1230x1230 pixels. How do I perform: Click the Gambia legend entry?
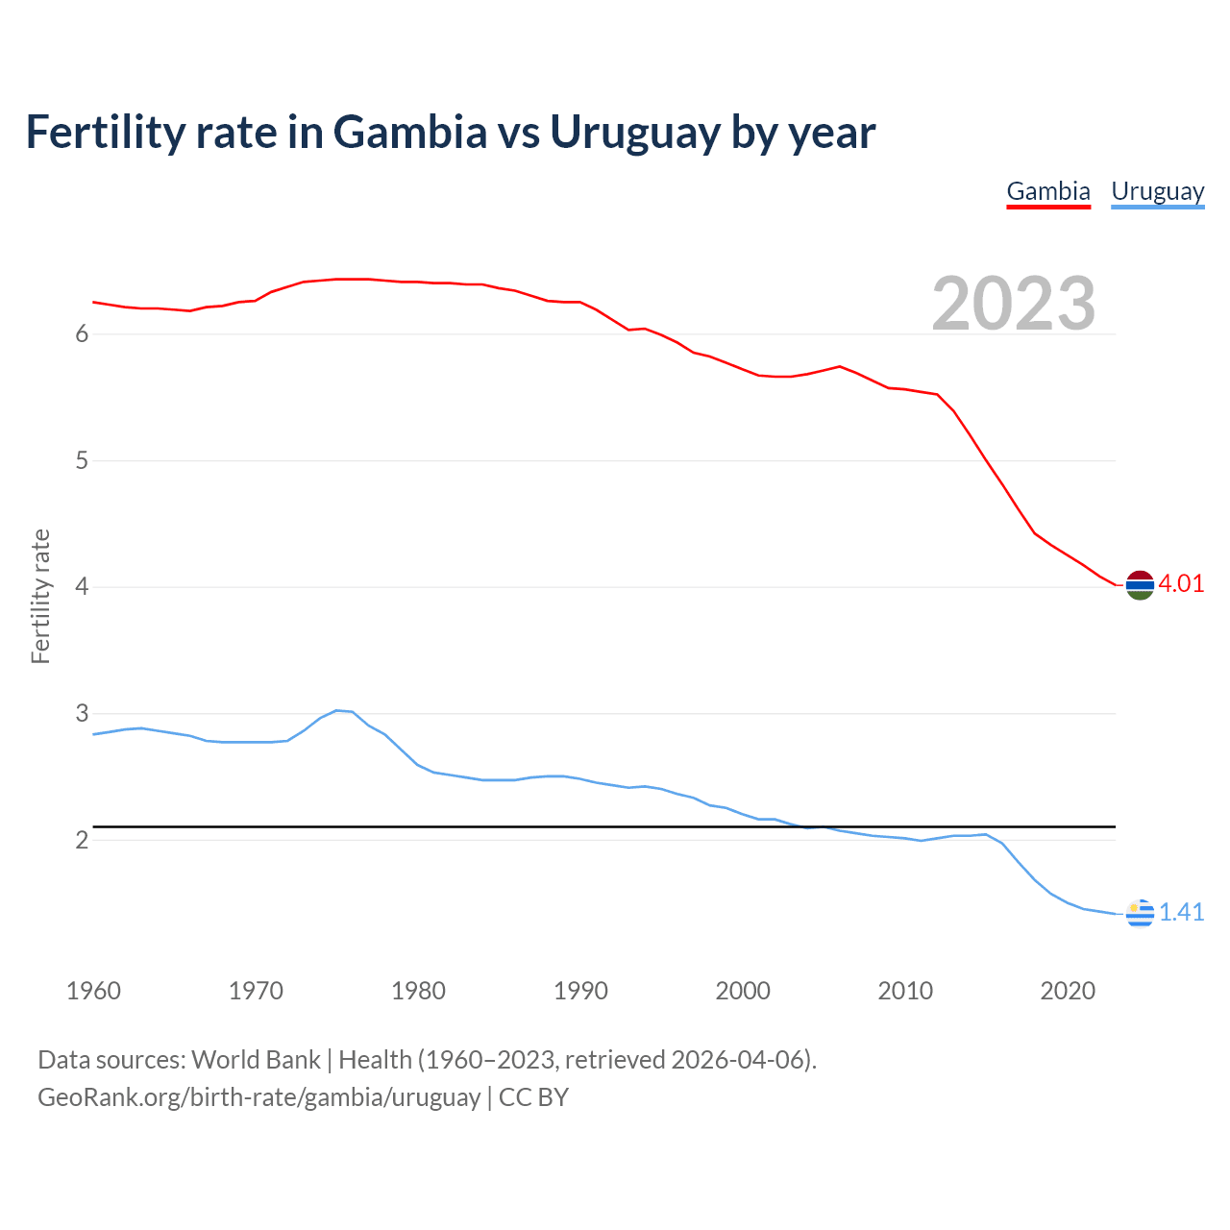pos(1048,191)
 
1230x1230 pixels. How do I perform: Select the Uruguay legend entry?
pos(1157,191)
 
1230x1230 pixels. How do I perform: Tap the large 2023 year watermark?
pos(1013,304)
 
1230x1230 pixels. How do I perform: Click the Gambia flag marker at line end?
pos(1140,584)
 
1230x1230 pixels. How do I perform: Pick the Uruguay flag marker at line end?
pos(1140,913)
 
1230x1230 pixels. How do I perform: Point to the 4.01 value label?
pos(1181,584)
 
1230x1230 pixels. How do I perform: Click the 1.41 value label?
pos(1181,913)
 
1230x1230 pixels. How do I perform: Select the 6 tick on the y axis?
pos(82,334)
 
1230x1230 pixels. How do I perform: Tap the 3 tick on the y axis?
pos(82,714)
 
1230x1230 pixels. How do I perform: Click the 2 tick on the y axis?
pos(82,841)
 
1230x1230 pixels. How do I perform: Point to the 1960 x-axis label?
pos(93,991)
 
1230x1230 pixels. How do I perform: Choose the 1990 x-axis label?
pos(580,991)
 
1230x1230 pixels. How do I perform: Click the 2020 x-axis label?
pos(1068,991)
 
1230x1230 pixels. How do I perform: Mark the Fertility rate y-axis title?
pos(40,596)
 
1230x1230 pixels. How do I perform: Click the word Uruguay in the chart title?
pos(634,133)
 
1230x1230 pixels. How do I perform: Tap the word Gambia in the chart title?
pos(410,133)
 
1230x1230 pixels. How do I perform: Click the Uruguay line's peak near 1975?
pos(336,710)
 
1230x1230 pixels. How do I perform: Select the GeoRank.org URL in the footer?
pos(258,1097)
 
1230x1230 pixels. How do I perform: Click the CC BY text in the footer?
pos(534,1097)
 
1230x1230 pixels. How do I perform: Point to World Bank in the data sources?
pos(256,1060)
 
